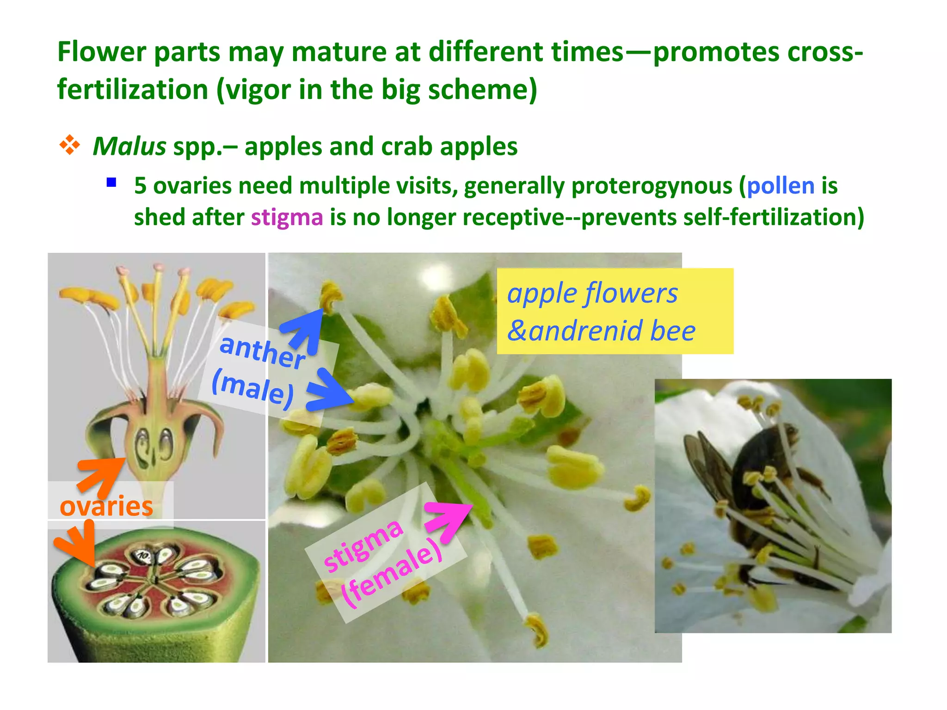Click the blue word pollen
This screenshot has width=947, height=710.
pos(781,186)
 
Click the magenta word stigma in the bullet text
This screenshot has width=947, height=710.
pos(287,217)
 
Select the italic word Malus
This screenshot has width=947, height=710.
pos(129,147)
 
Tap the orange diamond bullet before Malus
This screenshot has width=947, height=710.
pos(69,145)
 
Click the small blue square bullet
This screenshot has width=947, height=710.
pos(111,182)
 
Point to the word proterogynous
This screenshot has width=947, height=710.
pos(652,186)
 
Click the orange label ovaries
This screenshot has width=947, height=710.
pos(106,506)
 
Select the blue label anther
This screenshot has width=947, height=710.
pos(262,352)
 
